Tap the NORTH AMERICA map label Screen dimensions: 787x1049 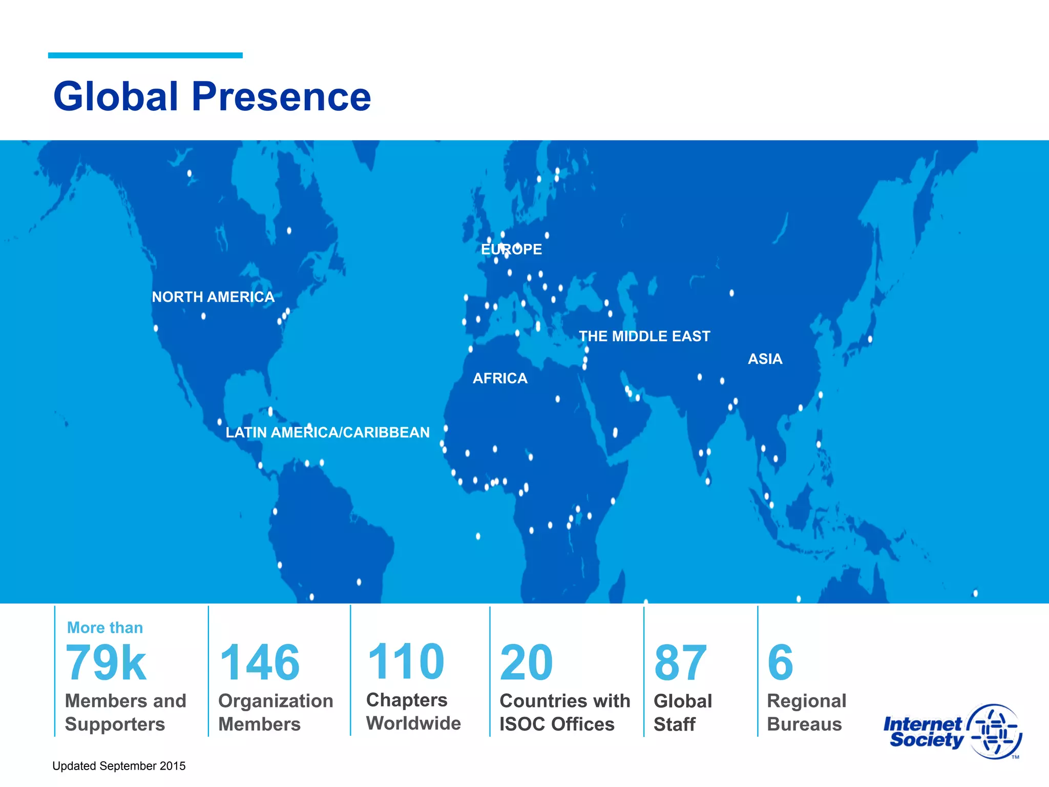(213, 297)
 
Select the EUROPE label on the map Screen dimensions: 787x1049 (511, 250)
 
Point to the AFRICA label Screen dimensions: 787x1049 (500, 379)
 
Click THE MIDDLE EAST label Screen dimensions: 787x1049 (644, 337)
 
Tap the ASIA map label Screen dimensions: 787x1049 (765, 359)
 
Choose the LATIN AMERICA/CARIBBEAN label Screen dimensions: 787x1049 (327, 433)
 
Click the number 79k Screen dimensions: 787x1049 (106, 663)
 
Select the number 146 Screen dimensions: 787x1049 (259, 663)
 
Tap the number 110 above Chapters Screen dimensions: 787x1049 (406, 662)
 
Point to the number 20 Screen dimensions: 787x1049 (526, 663)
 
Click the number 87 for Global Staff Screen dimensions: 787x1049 (680, 663)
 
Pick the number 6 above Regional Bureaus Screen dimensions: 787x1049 (780, 663)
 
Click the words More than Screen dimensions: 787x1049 (105, 628)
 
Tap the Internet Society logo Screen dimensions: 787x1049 (952, 732)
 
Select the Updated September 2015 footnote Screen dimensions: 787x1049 (119, 766)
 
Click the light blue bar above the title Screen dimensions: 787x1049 (145, 55)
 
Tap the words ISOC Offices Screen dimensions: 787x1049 (557, 724)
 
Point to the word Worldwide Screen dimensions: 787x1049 (413, 723)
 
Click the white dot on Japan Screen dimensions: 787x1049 (870, 339)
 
